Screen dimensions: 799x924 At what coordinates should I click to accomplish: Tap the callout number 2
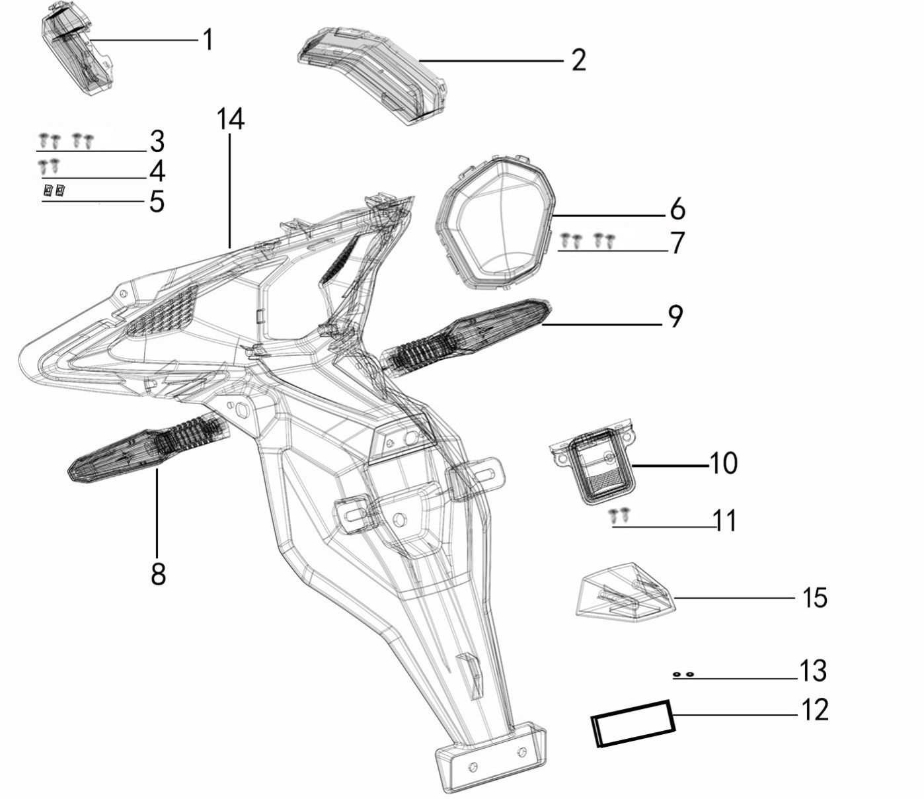pyautogui.click(x=578, y=60)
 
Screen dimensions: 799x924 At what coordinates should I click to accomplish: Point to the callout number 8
pyautogui.click(x=158, y=574)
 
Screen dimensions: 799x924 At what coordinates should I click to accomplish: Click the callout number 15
pyautogui.click(x=815, y=598)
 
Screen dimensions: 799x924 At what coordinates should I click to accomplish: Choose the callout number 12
pyautogui.click(x=814, y=710)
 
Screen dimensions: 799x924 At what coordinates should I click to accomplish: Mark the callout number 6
pyautogui.click(x=677, y=210)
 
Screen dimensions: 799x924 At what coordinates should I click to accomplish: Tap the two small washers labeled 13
pyautogui.click(x=683, y=675)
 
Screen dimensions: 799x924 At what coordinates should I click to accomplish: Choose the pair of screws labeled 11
pyautogui.click(x=619, y=513)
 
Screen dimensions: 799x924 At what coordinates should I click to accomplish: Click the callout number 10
pyautogui.click(x=723, y=463)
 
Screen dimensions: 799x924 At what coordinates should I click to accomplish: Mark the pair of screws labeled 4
pyautogui.click(x=48, y=164)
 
